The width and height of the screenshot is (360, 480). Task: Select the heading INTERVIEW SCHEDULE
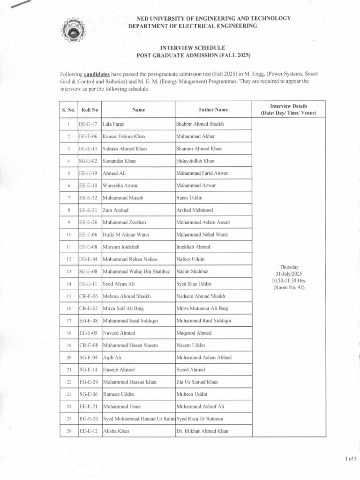pyautogui.click(x=193, y=48)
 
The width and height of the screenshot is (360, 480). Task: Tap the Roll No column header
pyautogui.click(x=90, y=110)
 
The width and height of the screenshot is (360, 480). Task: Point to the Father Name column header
pyautogui.click(x=213, y=110)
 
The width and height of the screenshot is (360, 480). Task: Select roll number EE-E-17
pyautogui.click(x=88, y=124)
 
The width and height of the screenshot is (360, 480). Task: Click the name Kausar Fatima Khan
pyautogui.click(x=124, y=136)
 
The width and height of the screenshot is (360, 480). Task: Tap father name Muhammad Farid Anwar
pyautogui.click(x=202, y=173)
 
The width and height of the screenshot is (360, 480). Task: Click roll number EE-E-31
pyautogui.click(x=88, y=210)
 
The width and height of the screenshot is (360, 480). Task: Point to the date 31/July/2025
pyautogui.click(x=289, y=274)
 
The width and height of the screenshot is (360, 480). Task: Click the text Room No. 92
pyautogui.click(x=289, y=287)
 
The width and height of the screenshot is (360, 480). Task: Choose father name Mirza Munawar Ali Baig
pyautogui.click(x=202, y=308)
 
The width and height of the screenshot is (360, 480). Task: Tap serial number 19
pyautogui.click(x=68, y=345)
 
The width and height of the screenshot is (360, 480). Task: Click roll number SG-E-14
pyautogui.click(x=88, y=370)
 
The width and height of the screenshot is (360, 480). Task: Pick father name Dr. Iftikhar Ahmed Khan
pyautogui.click(x=202, y=431)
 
